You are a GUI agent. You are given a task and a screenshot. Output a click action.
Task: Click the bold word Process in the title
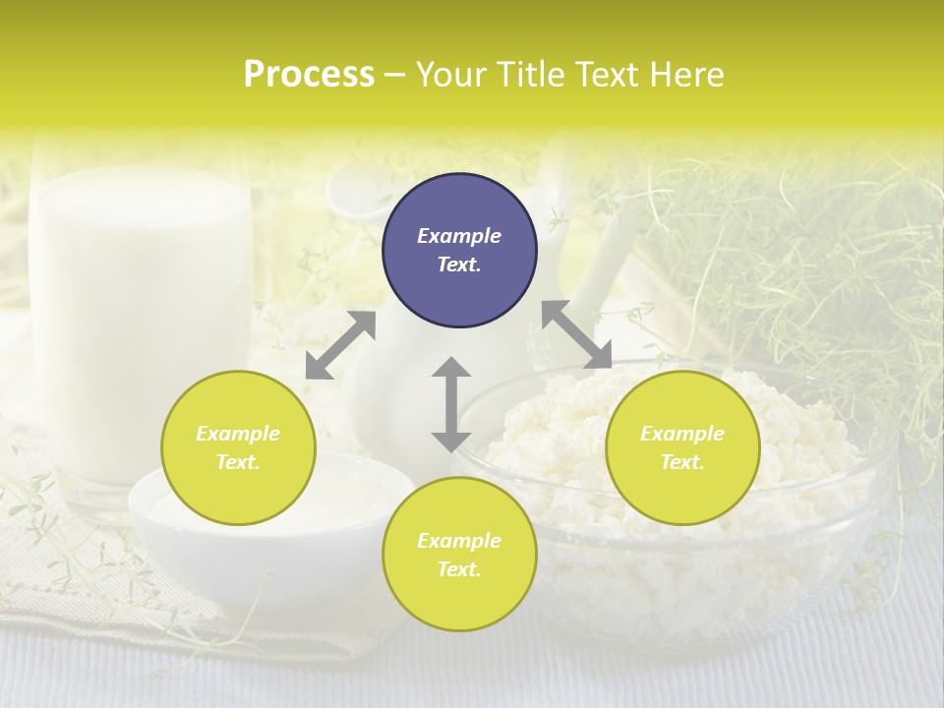click(309, 74)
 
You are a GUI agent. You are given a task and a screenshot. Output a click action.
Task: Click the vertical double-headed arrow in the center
click(451, 404)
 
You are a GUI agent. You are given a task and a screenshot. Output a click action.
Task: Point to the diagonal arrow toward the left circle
click(340, 345)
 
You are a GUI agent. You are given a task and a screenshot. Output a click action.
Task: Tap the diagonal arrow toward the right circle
click(576, 334)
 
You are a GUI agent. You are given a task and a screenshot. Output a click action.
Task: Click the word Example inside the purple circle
click(459, 236)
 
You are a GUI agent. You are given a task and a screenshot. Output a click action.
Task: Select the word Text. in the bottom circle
click(459, 569)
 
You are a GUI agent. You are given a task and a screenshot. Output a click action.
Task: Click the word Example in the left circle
click(238, 434)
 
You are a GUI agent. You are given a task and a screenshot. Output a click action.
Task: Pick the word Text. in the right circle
click(682, 462)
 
